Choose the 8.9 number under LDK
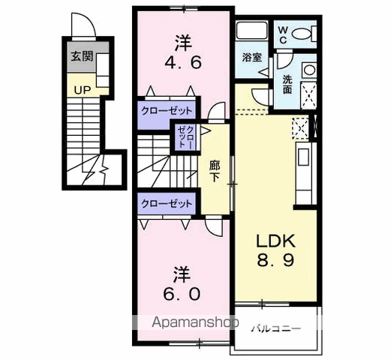point(278,262)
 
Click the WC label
point(283,34)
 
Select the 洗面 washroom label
point(287,83)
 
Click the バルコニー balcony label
point(276,328)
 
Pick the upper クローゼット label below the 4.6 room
point(167,110)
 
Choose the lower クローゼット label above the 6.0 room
point(167,203)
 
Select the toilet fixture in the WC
point(303,34)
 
